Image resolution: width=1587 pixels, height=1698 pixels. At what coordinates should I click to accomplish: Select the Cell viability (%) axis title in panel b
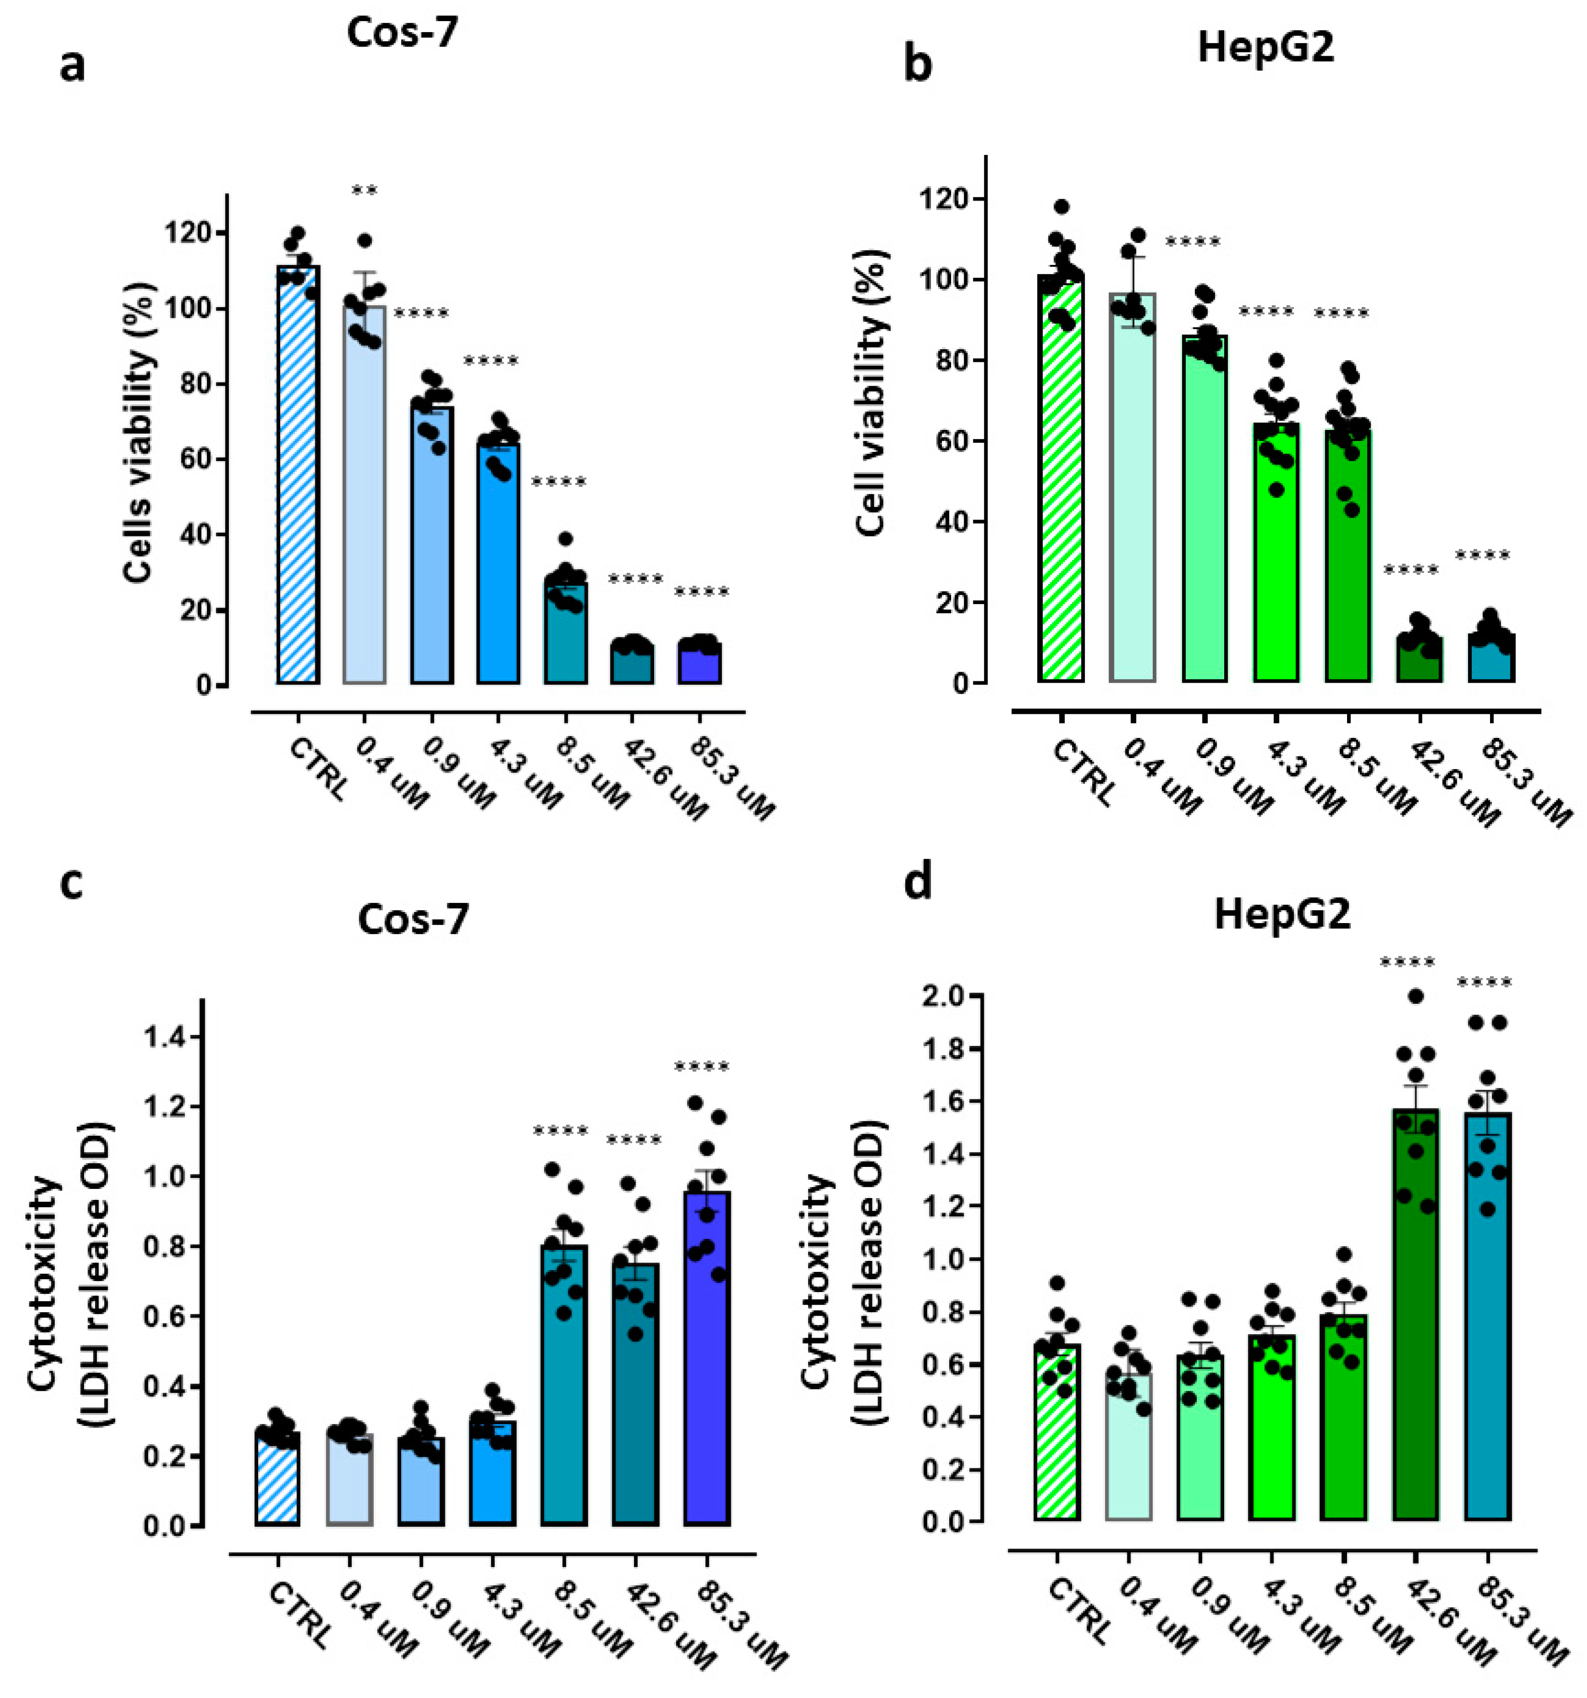point(871,393)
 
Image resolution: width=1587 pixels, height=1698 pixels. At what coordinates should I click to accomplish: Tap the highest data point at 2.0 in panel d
point(1415,996)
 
